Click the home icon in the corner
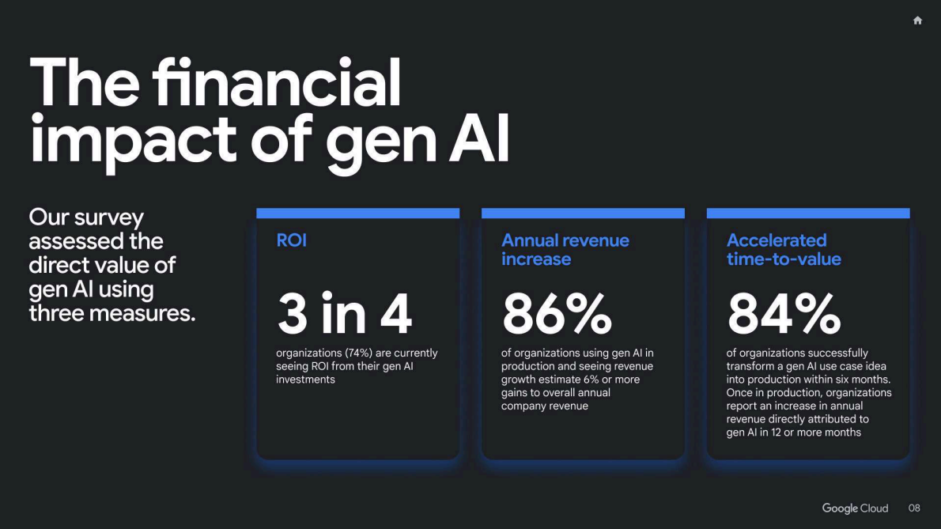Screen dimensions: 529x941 pos(917,21)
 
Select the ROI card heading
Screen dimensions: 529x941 pos(291,240)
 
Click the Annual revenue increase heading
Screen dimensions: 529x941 pos(565,249)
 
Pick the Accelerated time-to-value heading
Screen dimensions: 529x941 pos(783,249)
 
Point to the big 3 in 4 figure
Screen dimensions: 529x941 pos(345,313)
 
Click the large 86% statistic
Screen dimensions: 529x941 pos(557,313)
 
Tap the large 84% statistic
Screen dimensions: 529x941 pos(784,313)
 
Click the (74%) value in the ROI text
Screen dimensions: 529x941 pos(361,353)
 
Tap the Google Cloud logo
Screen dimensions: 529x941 pos(855,508)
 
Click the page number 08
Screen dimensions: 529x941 pos(914,508)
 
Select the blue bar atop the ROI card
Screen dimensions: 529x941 pos(357,213)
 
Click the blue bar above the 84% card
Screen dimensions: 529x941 pos(807,213)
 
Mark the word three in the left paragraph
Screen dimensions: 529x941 pos(56,313)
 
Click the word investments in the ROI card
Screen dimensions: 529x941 pos(305,380)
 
